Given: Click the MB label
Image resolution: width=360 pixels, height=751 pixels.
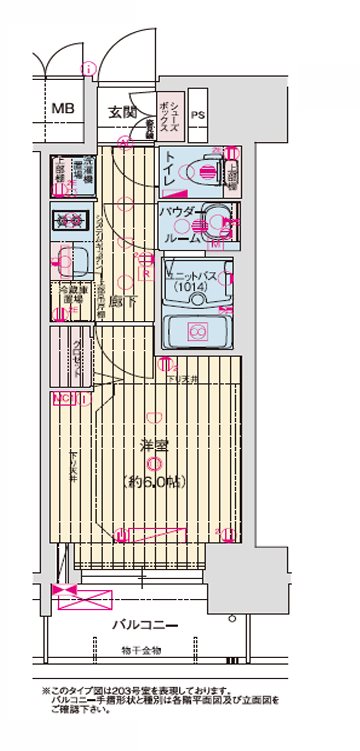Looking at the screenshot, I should pyautogui.click(x=63, y=109).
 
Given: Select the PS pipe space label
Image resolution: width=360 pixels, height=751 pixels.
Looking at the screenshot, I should pyautogui.click(x=198, y=114).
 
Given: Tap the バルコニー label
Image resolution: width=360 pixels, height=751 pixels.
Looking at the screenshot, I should pyautogui.click(x=146, y=626).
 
